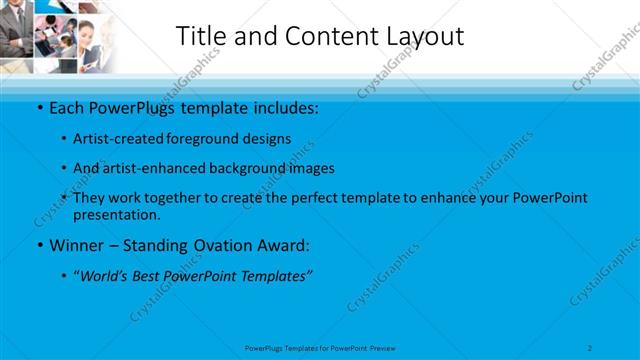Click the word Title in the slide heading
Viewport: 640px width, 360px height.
pos(200,36)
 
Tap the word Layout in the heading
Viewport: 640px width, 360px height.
pos(421,37)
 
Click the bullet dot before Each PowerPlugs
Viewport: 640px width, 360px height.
pos(39,107)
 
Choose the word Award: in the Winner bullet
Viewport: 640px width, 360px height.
pos(283,244)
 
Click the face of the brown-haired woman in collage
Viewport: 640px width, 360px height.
pos(88,36)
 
